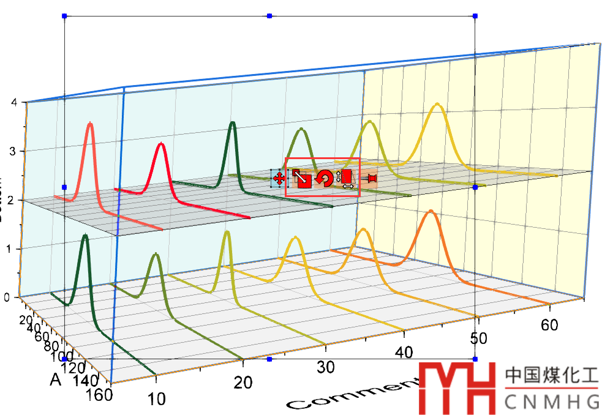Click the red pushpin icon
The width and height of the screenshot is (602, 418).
click(368, 179)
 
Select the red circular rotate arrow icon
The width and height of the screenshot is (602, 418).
click(325, 178)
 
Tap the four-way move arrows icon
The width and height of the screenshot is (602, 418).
click(278, 179)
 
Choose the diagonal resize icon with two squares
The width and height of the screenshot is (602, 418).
click(301, 178)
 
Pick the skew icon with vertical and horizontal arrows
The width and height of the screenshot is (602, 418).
click(346, 179)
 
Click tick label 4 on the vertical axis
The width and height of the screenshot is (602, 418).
click(6, 103)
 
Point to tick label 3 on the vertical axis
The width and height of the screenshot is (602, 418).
click(6, 151)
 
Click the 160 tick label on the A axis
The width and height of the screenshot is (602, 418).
click(100, 395)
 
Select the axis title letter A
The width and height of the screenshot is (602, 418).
click(56, 381)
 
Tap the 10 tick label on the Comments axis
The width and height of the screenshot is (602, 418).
click(157, 400)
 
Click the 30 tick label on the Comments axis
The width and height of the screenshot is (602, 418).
click(325, 367)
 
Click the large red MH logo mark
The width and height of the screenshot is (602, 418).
click(457, 387)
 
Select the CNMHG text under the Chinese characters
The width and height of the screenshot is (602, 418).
click(552, 402)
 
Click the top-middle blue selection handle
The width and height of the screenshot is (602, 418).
click(269, 15)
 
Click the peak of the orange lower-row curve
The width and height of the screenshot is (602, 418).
click(431, 212)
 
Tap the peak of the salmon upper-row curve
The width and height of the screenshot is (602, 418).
click(91, 124)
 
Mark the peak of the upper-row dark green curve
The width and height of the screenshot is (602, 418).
click(233, 124)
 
